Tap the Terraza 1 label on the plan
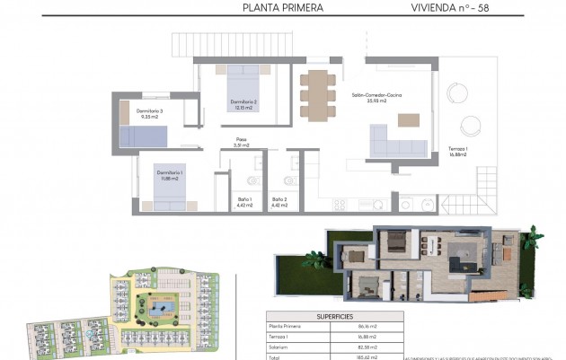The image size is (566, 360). point(457,151)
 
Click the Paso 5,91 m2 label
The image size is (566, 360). point(241,142)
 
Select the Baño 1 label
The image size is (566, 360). point(244,202)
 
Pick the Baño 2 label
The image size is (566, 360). point(279,202)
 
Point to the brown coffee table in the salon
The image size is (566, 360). point(409,119)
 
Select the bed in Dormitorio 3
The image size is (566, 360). point(144,136)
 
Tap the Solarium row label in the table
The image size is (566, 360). point(280,346)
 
